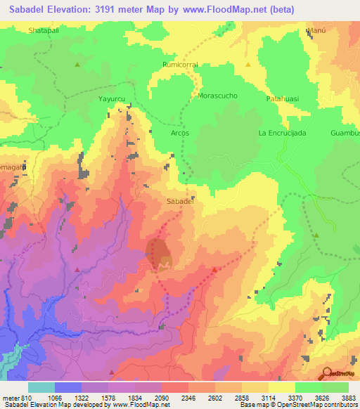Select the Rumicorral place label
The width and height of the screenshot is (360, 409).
(x=181, y=64)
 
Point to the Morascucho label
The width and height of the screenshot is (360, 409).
(x=218, y=95)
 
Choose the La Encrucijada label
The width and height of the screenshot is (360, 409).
(x=282, y=133)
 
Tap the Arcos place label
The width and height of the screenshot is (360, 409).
(x=181, y=132)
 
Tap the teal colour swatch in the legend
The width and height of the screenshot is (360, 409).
(x=41, y=387)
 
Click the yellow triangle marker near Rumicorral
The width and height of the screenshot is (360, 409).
(x=248, y=65)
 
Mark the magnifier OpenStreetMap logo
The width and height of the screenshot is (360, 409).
(x=327, y=373)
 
